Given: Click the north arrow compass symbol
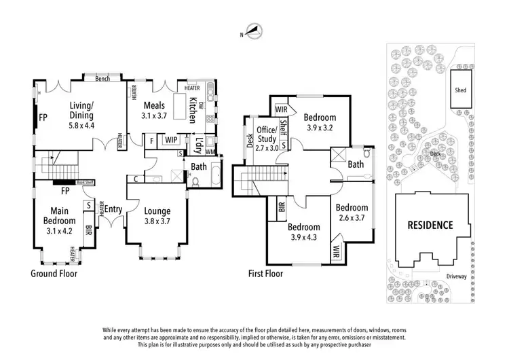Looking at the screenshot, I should tap(252, 31).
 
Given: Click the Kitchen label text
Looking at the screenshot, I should tap(193, 109).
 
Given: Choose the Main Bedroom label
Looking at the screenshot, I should tap(58, 215).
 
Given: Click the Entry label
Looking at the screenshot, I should tap(113, 209).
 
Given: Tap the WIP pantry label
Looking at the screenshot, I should tap(170, 140).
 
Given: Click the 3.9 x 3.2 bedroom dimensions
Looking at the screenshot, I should tap(319, 127).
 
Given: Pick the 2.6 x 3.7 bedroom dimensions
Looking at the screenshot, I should tap(352, 217).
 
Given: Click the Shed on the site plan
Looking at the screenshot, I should tap(460, 88).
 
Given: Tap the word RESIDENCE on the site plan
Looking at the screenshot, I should tap(430, 225).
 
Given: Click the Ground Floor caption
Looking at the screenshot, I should tap(54, 274).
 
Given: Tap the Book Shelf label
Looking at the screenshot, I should tap(85, 182).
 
